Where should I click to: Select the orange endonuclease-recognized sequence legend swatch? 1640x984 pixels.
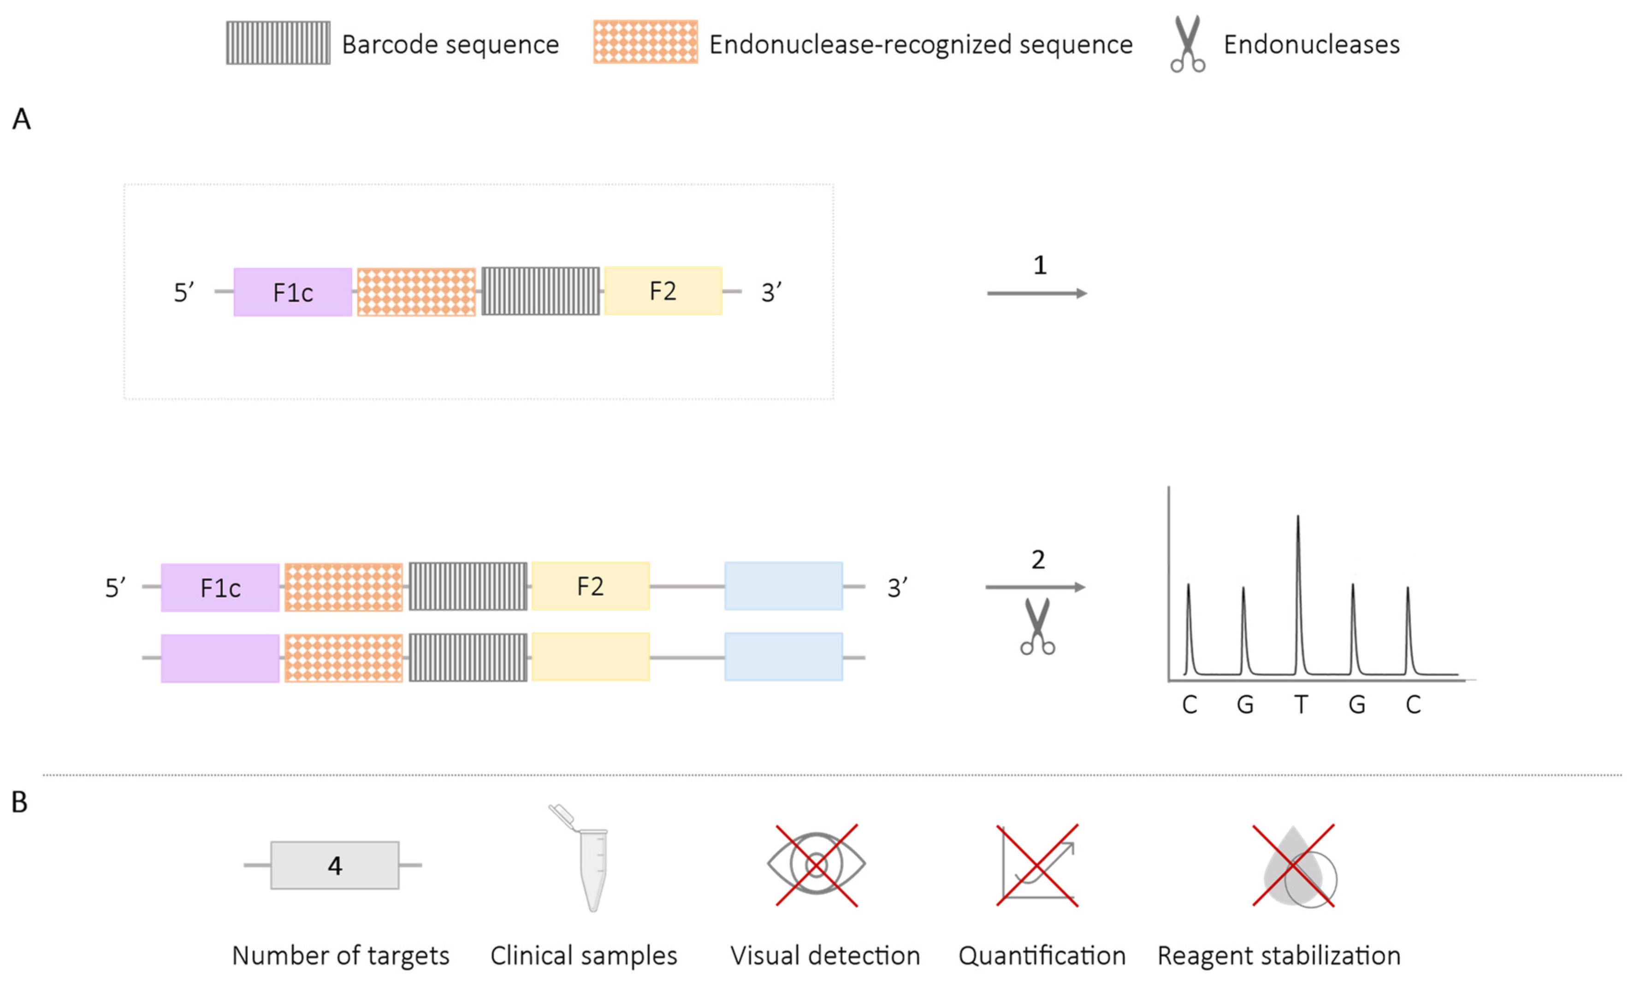click(x=645, y=42)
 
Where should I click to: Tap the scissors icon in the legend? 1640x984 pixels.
click(x=1187, y=44)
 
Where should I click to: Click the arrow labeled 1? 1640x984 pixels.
click(x=1036, y=293)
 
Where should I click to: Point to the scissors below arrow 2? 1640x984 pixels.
click(x=1037, y=627)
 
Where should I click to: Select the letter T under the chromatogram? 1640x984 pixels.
click(x=1301, y=704)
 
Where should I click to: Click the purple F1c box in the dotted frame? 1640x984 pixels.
click(x=292, y=292)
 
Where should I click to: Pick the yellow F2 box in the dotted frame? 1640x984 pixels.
click(x=663, y=290)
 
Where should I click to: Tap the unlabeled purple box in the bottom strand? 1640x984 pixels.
click(x=219, y=658)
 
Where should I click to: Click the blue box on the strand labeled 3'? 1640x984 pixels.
click(x=783, y=586)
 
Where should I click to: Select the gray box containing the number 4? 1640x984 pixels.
click(x=334, y=865)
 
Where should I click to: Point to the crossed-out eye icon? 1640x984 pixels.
click(x=816, y=865)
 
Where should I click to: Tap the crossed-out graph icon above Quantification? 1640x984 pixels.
click(x=1037, y=865)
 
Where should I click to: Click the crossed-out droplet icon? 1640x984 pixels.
click(x=1293, y=865)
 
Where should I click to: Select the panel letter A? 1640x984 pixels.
click(x=21, y=119)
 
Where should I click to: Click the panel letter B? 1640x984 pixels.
click(x=20, y=802)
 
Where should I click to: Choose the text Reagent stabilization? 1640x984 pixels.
click(x=1279, y=955)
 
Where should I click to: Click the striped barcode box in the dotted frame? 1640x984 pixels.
click(x=540, y=291)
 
